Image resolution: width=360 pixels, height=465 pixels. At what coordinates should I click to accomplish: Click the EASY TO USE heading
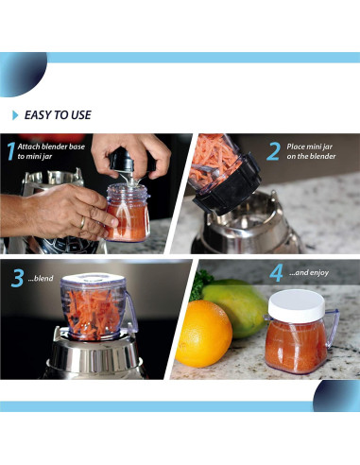(x=58, y=115)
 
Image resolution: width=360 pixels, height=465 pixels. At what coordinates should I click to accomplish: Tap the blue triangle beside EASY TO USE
(x=15, y=115)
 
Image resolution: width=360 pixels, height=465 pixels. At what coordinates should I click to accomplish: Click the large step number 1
(x=11, y=151)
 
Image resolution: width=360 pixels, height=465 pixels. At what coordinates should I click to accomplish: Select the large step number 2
(x=273, y=151)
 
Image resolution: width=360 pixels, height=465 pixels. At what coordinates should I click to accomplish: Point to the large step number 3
(x=17, y=278)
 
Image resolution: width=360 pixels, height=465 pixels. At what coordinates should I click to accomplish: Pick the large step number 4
(x=276, y=273)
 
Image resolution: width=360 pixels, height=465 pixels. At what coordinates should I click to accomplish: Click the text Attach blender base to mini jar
(x=51, y=151)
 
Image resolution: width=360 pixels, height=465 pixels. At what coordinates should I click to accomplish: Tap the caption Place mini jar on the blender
(x=311, y=151)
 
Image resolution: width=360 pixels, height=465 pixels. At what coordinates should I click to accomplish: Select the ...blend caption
(x=41, y=278)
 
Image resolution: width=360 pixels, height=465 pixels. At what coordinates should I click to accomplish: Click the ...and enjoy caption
(x=309, y=273)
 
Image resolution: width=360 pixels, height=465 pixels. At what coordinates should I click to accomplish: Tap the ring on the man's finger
(x=82, y=223)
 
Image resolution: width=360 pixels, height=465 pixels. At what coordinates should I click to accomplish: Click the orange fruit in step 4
(x=203, y=334)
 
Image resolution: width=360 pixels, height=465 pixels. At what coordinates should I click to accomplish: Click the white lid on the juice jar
(x=297, y=305)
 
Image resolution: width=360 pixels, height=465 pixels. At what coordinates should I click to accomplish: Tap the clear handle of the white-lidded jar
(x=332, y=328)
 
